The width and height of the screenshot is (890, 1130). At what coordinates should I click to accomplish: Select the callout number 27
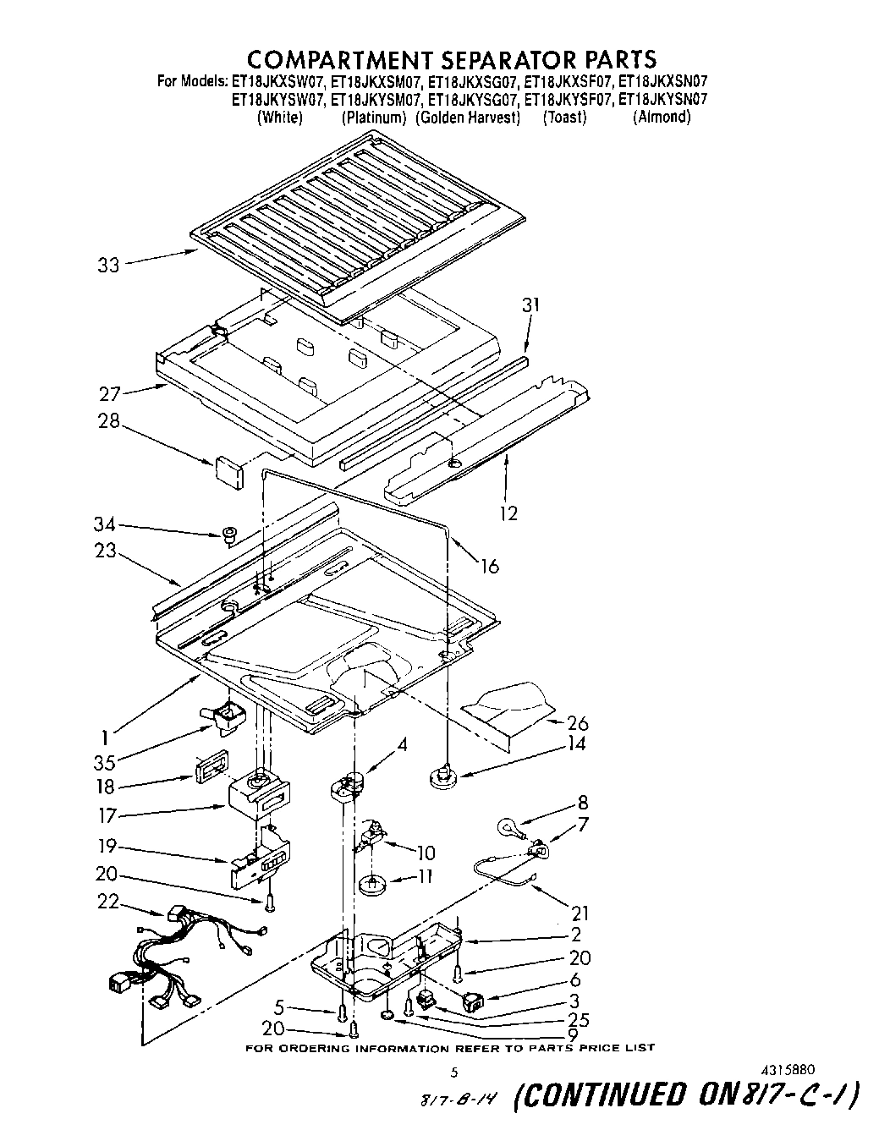pyautogui.click(x=110, y=393)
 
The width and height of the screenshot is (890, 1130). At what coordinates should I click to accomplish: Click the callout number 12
pyautogui.click(x=508, y=513)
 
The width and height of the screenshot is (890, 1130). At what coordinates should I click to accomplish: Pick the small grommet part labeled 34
pyautogui.click(x=228, y=534)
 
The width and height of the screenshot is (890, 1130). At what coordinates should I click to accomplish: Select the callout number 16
pyautogui.click(x=490, y=567)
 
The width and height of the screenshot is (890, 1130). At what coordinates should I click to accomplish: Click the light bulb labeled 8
pyautogui.click(x=506, y=823)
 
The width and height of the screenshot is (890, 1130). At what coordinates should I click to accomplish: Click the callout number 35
pyautogui.click(x=104, y=760)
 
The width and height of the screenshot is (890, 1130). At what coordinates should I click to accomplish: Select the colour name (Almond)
pyautogui.click(x=662, y=118)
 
